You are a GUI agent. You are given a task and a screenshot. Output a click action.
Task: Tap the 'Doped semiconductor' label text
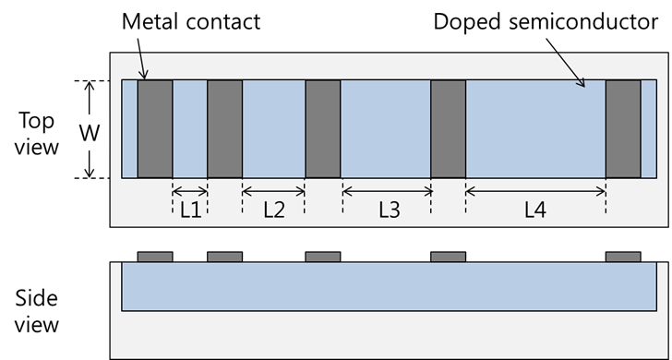click(x=546, y=21)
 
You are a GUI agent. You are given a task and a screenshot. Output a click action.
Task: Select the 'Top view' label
click(x=38, y=133)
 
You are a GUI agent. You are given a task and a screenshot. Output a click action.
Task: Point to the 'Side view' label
click(x=38, y=311)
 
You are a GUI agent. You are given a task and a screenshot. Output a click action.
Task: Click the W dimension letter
click(x=89, y=132)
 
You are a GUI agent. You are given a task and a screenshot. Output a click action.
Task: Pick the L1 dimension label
click(x=190, y=210)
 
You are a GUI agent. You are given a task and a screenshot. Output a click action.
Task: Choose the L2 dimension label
click(x=274, y=210)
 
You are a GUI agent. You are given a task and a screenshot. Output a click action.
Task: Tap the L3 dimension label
click(x=389, y=210)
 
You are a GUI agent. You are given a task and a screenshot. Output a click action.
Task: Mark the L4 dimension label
click(x=535, y=210)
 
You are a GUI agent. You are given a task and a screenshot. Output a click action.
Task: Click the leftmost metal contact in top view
click(x=155, y=128)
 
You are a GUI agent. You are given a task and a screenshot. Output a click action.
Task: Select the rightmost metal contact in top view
click(x=623, y=128)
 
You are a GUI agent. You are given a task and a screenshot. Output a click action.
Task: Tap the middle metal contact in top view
click(x=323, y=128)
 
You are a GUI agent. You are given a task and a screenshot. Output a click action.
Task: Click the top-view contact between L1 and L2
click(x=225, y=128)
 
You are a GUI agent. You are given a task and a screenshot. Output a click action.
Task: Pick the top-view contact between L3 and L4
click(x=449, y=128)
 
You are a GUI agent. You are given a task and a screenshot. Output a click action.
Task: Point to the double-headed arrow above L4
click(x=535, y=191)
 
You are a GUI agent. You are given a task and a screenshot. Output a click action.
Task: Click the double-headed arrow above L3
click(x=387, y=191)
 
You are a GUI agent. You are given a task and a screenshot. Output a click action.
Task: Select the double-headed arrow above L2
click(x=273, y=191)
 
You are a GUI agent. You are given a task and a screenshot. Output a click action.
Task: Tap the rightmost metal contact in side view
click(x=623, y=257)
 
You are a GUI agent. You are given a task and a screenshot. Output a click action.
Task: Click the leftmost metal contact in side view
click(x=155, y=257)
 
